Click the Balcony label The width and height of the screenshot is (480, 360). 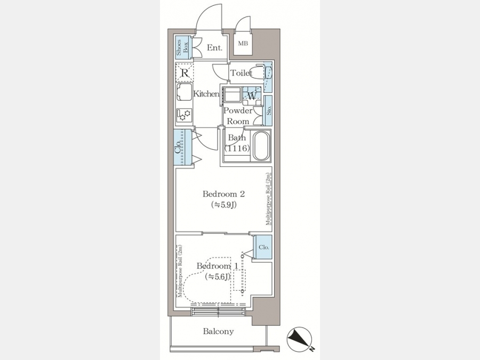pyautogui.click(x=218, y=331)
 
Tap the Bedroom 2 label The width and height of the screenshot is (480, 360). pyautogui.click(x=224, y=194)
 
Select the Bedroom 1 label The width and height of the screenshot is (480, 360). pyautogui.click(x=217, y=266)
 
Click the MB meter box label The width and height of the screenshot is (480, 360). pyautogui.click(x=243, y=44)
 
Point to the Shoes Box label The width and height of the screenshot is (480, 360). pyautogui.click(x=182, y=47)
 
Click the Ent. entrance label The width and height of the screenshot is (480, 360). pyautogui.click(x=214, y=48)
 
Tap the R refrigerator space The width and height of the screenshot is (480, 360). pyautogui.click(x=185, y=73)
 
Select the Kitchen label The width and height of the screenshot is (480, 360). pyautogui.click(x=206, y=94)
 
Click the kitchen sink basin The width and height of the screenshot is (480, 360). pyautogui.click(x=185, y=92)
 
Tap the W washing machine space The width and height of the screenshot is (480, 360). pyautogui.click(x=252, y=96)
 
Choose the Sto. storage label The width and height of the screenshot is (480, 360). pyautogui.click(x=268, y=110)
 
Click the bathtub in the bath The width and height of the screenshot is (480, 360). pyautogui.click(x=261, y=146)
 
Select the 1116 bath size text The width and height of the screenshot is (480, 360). pyautogui.click(x=237, y=148)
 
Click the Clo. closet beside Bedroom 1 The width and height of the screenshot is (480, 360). pyautogui.click(x=264, y=247)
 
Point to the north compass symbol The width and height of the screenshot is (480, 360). pyautogui.click(x=299, y=340)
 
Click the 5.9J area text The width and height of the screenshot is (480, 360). pyautogui.click(x=224, y=204)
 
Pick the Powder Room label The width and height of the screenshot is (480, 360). pyautogui.click(x=238, y=116)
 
